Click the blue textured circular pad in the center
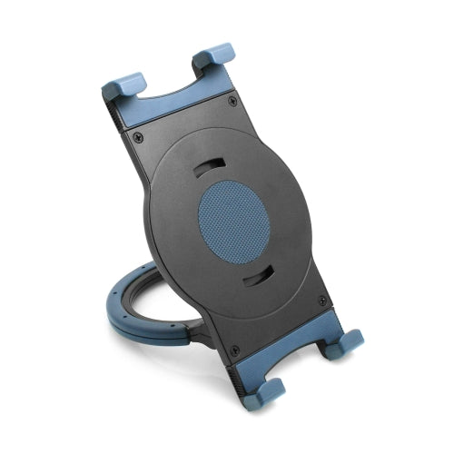233,222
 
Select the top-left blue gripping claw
123,86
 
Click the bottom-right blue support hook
345,341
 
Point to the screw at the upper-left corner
138,137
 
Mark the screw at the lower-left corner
234,350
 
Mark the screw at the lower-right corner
322,301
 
